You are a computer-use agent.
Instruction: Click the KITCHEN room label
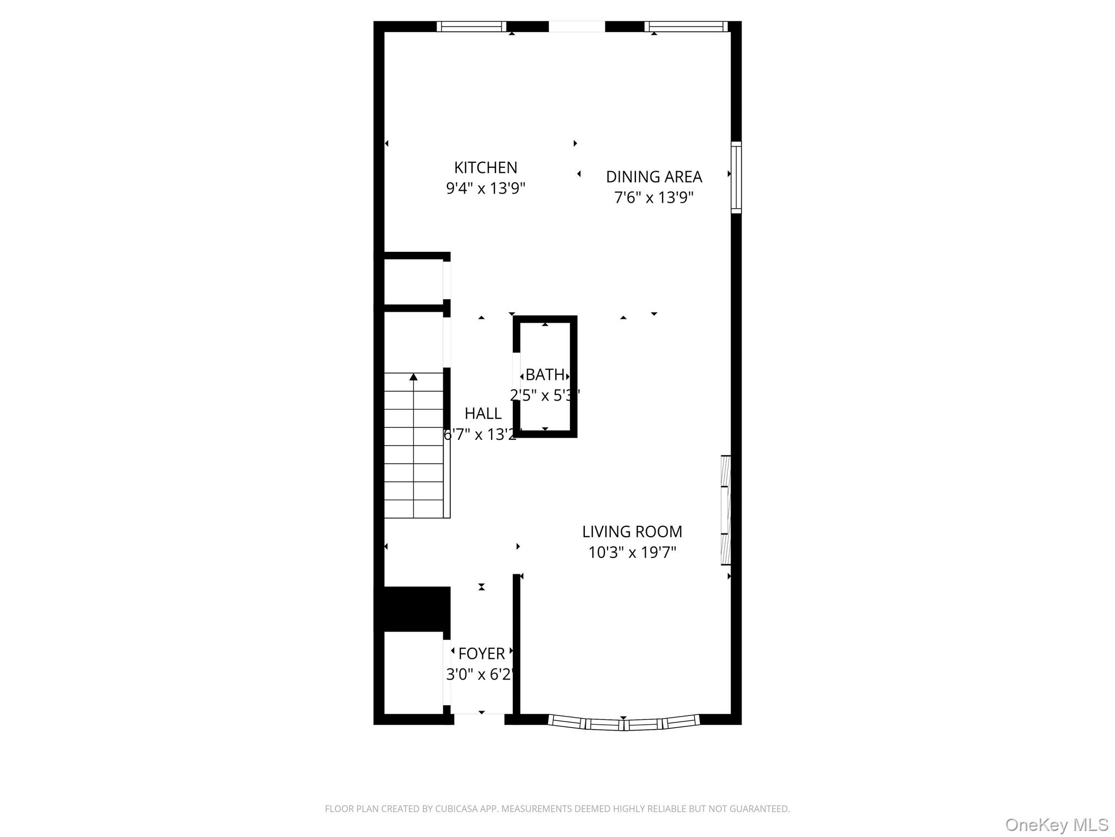click(486, 167)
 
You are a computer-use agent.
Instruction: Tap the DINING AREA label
click(654, 177)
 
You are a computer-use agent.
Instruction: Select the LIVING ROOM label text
click(632, 531)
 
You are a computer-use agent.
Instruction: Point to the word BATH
click(545, 375)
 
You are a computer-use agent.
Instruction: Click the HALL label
click(483, 414)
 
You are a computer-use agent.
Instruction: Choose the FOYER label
click(481, 653)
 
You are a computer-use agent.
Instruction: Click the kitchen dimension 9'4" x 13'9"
click(486, 189)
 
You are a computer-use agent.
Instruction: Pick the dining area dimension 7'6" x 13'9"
click(654, 197)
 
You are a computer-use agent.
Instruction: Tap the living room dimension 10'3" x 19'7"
click(632, 553)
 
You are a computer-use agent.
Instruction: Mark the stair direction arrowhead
click(413, 377)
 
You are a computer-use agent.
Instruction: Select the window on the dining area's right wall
click(736, 177)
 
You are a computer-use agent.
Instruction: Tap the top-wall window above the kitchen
click(471, 27)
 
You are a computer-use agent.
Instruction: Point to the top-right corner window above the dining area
click(686, 27)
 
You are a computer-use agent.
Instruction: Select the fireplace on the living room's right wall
click(726, 510)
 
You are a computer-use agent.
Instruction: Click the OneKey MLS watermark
click(1057, 824)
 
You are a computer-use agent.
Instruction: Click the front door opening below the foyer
click(479, 719)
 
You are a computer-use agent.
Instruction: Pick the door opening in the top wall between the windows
click(577, 27)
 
